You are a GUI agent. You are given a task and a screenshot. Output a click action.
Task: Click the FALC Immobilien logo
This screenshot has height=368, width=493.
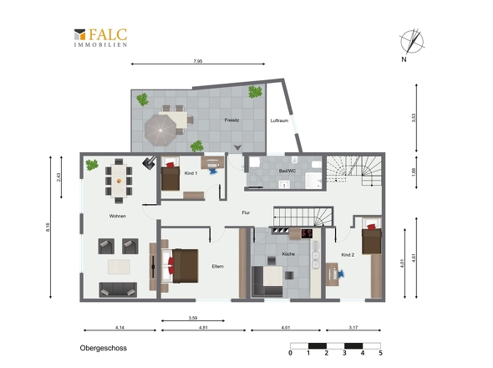coord(100,38)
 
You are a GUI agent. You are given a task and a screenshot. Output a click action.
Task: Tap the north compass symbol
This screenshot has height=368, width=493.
coord(412,42)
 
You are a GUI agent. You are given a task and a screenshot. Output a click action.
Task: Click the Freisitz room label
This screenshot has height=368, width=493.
coord(231,120)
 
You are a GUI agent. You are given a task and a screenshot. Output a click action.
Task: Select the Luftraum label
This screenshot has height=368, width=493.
coord(279,120)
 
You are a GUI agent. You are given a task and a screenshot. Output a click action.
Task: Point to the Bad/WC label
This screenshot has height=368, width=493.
coord(287,171)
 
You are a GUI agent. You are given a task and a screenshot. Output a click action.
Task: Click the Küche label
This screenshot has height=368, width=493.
coord(288,253)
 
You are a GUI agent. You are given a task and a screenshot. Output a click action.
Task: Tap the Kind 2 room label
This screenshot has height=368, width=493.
coord(348,254)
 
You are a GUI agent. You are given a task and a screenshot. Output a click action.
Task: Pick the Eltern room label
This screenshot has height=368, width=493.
coord(217,266)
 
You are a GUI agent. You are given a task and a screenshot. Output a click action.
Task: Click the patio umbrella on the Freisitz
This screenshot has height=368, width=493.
coord(160,130)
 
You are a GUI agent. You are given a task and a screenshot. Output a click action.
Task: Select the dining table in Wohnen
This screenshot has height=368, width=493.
coord(119,181)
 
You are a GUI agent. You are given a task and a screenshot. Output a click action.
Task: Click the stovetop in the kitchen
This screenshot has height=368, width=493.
coord(307,233)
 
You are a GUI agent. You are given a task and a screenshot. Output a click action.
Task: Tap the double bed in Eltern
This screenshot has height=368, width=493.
coord(180,266)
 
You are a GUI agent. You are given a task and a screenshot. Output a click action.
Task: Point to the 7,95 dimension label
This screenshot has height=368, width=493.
coord(198,61)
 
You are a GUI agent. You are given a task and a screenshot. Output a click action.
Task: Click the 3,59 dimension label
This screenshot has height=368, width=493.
coord(193,318)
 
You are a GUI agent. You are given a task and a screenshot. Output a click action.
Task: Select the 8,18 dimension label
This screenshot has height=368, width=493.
coord(48,227)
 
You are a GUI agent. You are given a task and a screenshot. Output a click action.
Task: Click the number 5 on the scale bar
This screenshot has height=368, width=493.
coord(380,353)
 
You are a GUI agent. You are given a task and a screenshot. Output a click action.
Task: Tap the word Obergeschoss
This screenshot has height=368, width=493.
coord(103,348)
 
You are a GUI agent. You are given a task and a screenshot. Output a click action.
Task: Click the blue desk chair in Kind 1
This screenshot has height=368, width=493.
coord(213,171)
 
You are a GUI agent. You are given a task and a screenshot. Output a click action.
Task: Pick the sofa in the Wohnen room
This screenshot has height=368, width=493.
coord(118,289)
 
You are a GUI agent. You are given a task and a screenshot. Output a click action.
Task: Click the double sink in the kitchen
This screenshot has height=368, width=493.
coord(315,260)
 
